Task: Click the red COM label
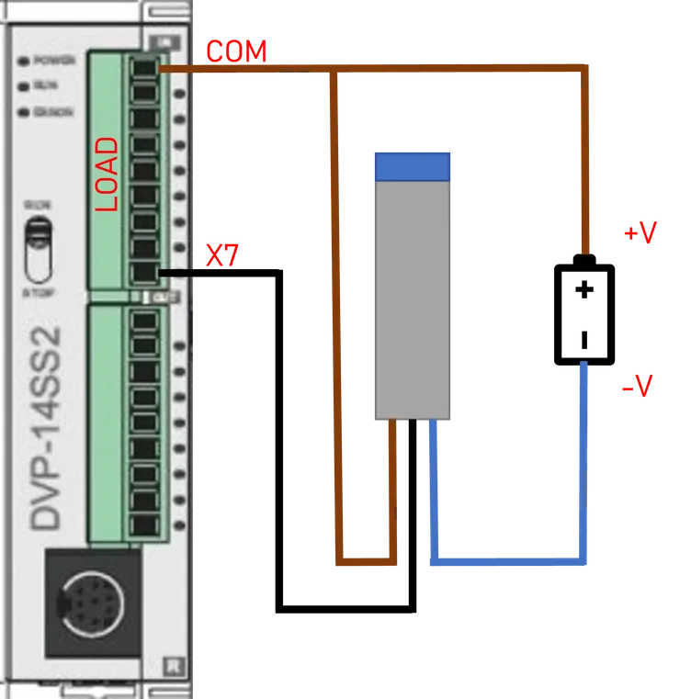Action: pos(235,51)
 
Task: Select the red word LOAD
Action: pos(108,175)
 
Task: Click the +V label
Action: pos(640,233)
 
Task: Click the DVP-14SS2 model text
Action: pos(47,427)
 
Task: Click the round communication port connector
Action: pos(93,603)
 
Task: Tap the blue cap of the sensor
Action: pos(412,165)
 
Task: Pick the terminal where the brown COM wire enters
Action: pos(144,68)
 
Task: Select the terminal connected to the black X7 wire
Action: pos(144,272)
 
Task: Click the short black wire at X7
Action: pos(180,273)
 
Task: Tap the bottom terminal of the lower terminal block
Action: pos(144,525)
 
